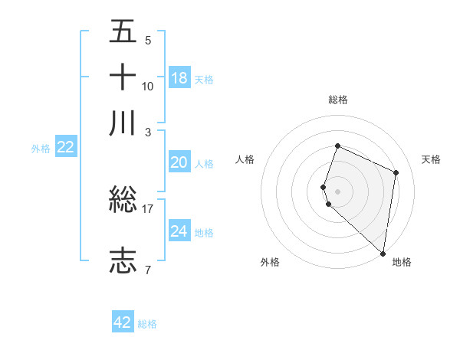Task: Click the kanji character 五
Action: tap(123, 33)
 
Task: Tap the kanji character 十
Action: tap(123, 77)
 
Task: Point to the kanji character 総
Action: tap(123, 201)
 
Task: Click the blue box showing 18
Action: tap(179, 77)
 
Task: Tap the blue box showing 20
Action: tap(179, 162)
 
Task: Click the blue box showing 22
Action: tap(65, 148)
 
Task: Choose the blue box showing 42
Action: tap(123, 322)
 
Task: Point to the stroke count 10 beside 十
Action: tap(148, 86)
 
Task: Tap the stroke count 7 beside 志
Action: tap(147, 270)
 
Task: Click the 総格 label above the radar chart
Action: tap(337, 100)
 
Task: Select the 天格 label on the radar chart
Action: tap(431, 159)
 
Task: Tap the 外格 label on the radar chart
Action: tap(270, 262)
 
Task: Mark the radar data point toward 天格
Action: tap(396, 172)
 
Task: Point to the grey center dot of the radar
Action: tap(337, 191)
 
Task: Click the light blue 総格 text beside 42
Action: tap(147, 324)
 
